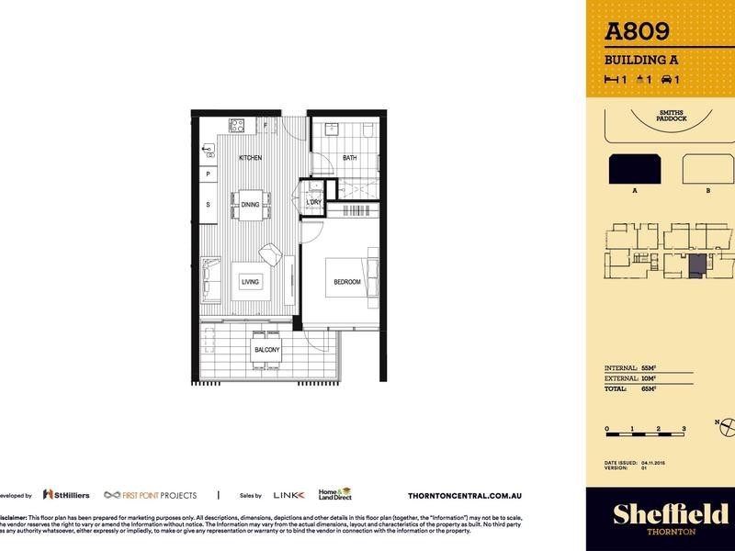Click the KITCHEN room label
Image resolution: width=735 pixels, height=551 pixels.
251,158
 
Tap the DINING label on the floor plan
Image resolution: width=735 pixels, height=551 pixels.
251,204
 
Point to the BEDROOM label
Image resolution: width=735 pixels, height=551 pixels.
346,282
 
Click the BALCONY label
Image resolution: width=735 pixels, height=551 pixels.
266,351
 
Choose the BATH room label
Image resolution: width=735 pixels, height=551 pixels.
350,158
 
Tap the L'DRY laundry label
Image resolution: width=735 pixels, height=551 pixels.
313,202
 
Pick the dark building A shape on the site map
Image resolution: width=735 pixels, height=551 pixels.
634,169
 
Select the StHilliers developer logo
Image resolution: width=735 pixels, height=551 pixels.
67,494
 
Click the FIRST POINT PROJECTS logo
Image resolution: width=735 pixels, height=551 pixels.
150,494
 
